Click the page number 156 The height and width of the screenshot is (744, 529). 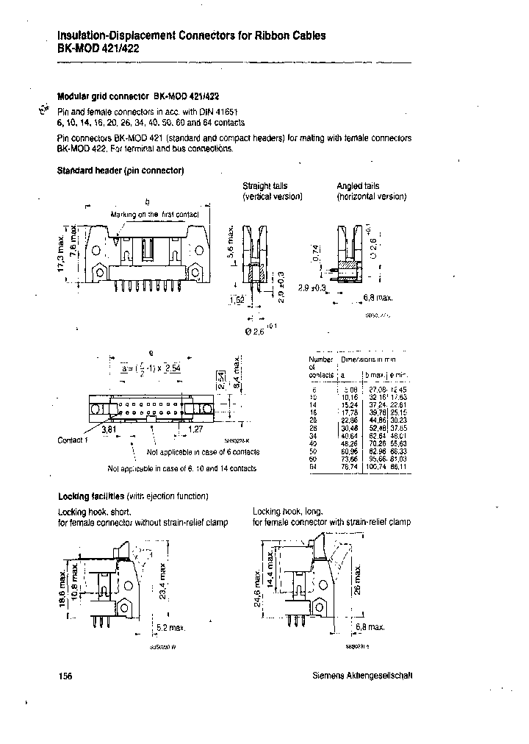pyautogui.click(x=65, y=677)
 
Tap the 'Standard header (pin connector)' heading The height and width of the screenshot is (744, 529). pyautogui.click(x=120, y=171)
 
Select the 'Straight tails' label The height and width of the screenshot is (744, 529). pyautogui.click(x=265, y=187)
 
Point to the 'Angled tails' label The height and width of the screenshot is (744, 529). pyautogui.click(x=359, y=187)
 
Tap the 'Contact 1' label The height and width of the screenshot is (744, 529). pyautogui.click(x=73, y=440)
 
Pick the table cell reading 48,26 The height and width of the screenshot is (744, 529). pyautogui.click(x=344, y=443)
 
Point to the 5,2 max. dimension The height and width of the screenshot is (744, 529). pyautogui.click(x=170, y=627)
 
